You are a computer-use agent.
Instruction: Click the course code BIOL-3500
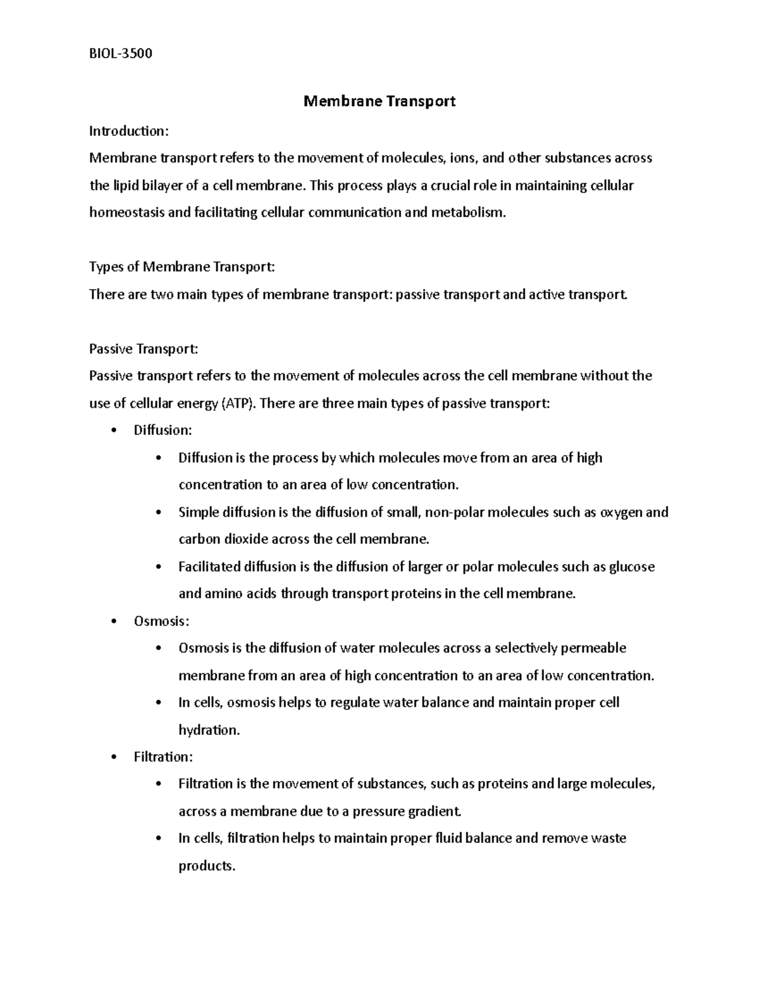click(121, 53)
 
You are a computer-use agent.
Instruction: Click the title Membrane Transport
click(379, 101)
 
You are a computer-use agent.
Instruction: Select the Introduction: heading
click(129, 131)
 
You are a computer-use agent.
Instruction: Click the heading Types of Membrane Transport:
click(182, 267)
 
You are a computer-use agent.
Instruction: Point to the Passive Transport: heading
click(144, 348)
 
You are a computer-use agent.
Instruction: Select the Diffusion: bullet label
click(163, 430)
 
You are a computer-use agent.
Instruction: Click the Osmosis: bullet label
click(161, 621)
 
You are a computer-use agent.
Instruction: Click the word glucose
click(631, 567)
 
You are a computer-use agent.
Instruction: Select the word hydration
click(209, 730)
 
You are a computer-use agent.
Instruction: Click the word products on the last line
click(206, 866)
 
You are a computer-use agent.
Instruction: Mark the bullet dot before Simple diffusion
click(158, 512)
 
